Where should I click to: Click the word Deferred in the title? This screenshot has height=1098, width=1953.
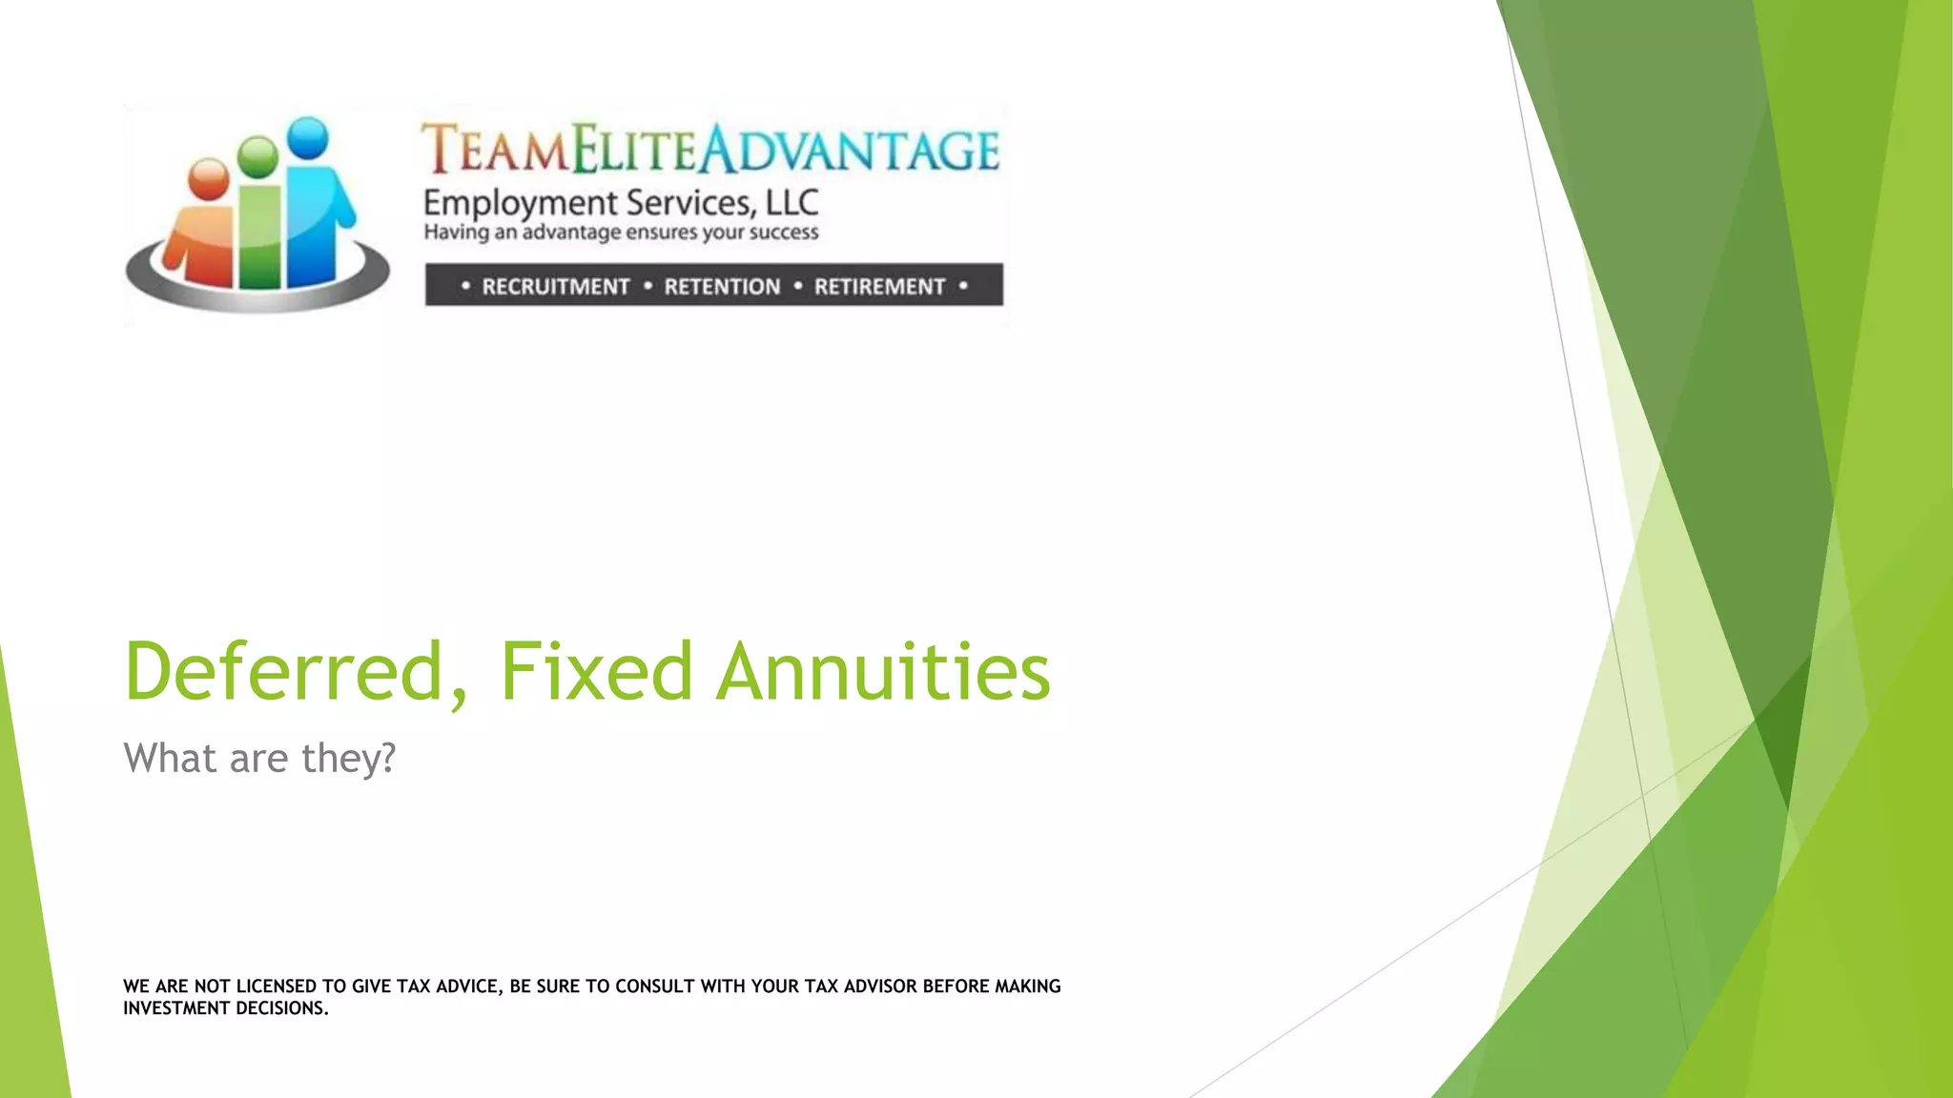[284, 671]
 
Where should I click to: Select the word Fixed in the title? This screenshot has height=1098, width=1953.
[596, 671]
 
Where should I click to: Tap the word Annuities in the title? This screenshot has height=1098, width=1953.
[883, 671]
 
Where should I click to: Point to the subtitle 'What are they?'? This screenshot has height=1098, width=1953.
[259, 759]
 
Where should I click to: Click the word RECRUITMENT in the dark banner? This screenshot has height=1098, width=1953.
[555, 287]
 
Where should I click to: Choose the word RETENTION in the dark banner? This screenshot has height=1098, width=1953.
[722, 287]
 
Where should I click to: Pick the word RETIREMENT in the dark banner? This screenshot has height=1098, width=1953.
[879, 287]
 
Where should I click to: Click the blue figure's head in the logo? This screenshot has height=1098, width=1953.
[308, 137]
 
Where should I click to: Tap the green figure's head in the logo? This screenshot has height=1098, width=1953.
[257, 156]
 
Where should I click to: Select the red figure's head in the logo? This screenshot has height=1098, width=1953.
[209, 178]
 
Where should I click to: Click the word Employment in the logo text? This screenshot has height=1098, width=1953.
[521, 204]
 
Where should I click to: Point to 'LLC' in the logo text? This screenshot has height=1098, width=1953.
[792, 203]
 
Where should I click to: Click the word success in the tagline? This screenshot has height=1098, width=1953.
[783, 233]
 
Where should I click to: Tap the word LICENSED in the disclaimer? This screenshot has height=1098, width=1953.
[277, 986]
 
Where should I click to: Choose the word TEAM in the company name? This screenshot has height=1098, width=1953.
[496, 151]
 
